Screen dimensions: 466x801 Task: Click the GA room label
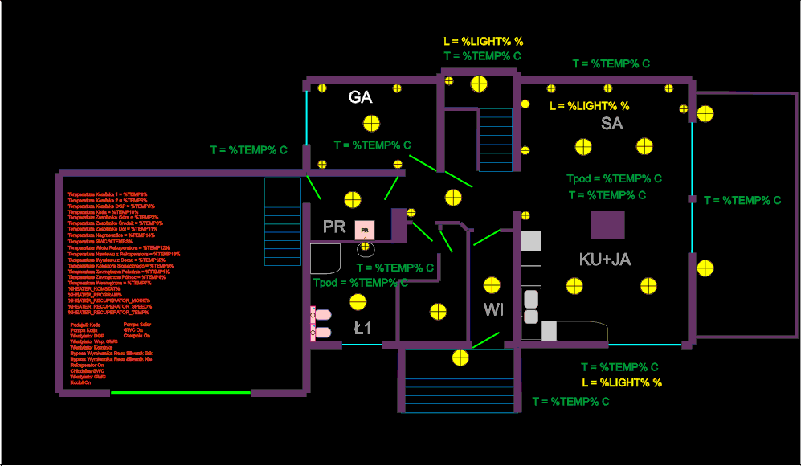tap(360, 98)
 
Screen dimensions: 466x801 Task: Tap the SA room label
tap(612, 124)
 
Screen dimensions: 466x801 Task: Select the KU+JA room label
tap(605, 260)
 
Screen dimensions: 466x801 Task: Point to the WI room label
tap(493, 310)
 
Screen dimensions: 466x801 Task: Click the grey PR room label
tap(334, 227)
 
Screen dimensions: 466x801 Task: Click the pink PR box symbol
tap(365, 230)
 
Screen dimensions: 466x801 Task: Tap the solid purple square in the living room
tap(607, 225)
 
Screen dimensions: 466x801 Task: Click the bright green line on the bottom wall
tap(181, 393)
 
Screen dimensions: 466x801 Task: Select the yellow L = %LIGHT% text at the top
tap(484, 41)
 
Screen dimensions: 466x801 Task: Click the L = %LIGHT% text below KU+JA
tap(622, 383)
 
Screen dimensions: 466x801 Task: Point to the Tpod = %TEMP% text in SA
tap(614, 179)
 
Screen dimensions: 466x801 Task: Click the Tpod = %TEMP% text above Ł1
tap(360, 283)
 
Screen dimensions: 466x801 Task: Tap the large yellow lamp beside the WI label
tap(491, 285)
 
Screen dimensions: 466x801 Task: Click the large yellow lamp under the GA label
tap(370, 124)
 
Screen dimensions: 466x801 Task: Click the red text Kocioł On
tap(80, 383)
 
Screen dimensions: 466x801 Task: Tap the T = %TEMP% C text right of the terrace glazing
tap(742, 201)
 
